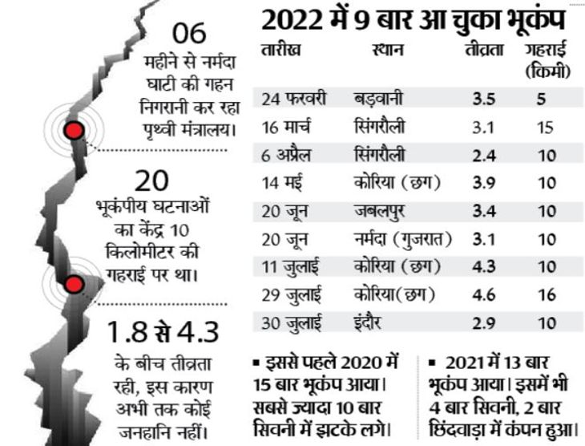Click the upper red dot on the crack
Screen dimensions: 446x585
coord(75,131)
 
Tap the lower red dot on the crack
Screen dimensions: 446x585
coord(74,283)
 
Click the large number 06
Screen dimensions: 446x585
coord(189,32)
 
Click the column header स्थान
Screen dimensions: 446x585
coord(388,51)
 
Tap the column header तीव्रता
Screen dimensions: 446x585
coord(485,51)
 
